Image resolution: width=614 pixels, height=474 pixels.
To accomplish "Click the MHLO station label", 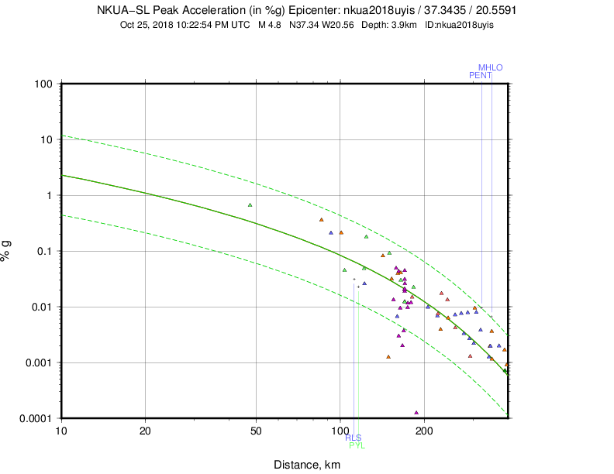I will click(490, 67).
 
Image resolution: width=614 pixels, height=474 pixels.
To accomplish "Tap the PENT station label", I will click(480, 75).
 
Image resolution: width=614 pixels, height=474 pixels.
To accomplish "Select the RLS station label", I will click(353, 438).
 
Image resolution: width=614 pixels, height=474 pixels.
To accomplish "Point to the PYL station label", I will click(357, 445).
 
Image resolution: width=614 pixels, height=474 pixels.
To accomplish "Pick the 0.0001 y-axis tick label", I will click(35, 418).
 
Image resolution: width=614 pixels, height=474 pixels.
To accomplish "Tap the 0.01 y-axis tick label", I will click(40, 307).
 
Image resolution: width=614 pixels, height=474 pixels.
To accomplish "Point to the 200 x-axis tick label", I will click(423, 431).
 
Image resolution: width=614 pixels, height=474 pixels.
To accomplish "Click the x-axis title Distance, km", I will click(307, 465).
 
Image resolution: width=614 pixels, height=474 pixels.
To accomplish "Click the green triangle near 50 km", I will click(250, 205).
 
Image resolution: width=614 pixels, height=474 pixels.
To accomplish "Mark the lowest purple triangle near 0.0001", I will click(416, 413).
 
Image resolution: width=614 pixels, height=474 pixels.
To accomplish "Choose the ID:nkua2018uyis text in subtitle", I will click(460, 24).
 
